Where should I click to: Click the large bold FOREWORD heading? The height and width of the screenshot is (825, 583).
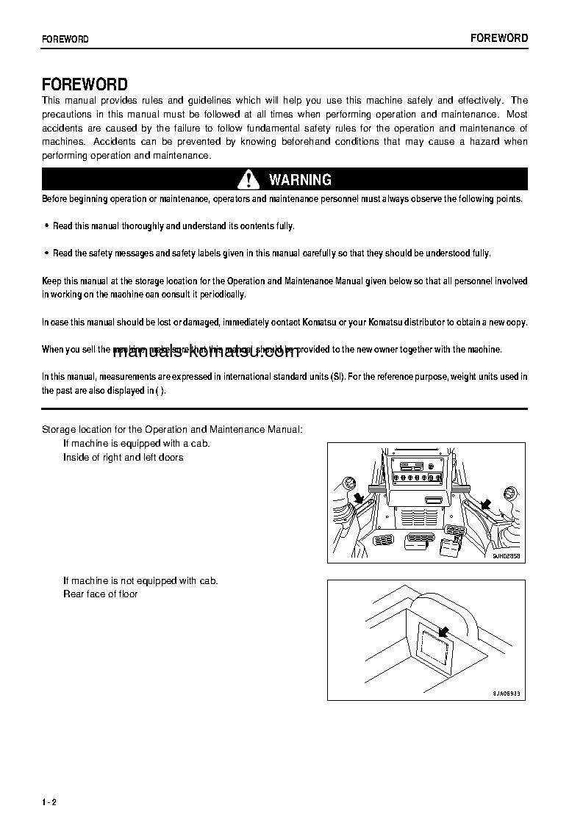tap(85, 84)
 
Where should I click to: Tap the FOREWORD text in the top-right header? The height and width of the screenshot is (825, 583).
tap(499, 38)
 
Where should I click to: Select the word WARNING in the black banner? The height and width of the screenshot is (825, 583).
tap(300, 179)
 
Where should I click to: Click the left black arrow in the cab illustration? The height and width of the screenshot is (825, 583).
tap(360, 500)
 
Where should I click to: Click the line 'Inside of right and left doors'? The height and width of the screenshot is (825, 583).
tap(123, 457)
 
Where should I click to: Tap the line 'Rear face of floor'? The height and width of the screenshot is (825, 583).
tap(100, 594)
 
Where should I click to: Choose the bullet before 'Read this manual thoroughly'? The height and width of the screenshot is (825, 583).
tap(47, 226)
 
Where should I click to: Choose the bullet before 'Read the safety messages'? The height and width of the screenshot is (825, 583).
tap(47, 253)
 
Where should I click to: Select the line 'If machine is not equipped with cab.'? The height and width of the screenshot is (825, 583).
tap(140, 580)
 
